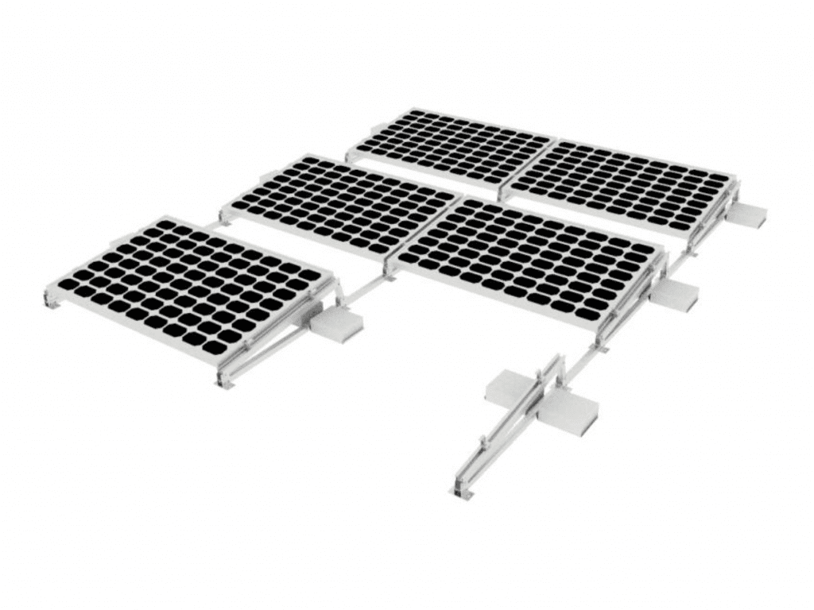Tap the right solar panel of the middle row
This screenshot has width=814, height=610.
(x=529, y=258)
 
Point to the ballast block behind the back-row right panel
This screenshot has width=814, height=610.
(x=748, y=214)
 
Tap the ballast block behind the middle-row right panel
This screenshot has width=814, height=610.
(x=676, y=295)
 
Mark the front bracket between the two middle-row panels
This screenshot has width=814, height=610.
(x=390, y=271)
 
